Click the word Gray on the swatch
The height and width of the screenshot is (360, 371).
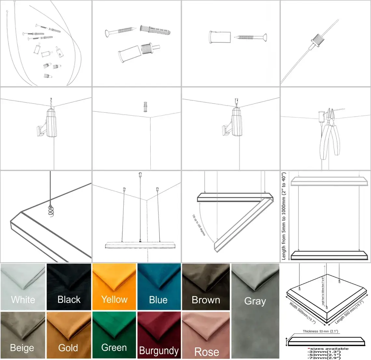[255, 301]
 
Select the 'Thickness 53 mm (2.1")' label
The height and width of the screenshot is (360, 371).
[320, 331]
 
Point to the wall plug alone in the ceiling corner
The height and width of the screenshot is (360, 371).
[145, 106]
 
